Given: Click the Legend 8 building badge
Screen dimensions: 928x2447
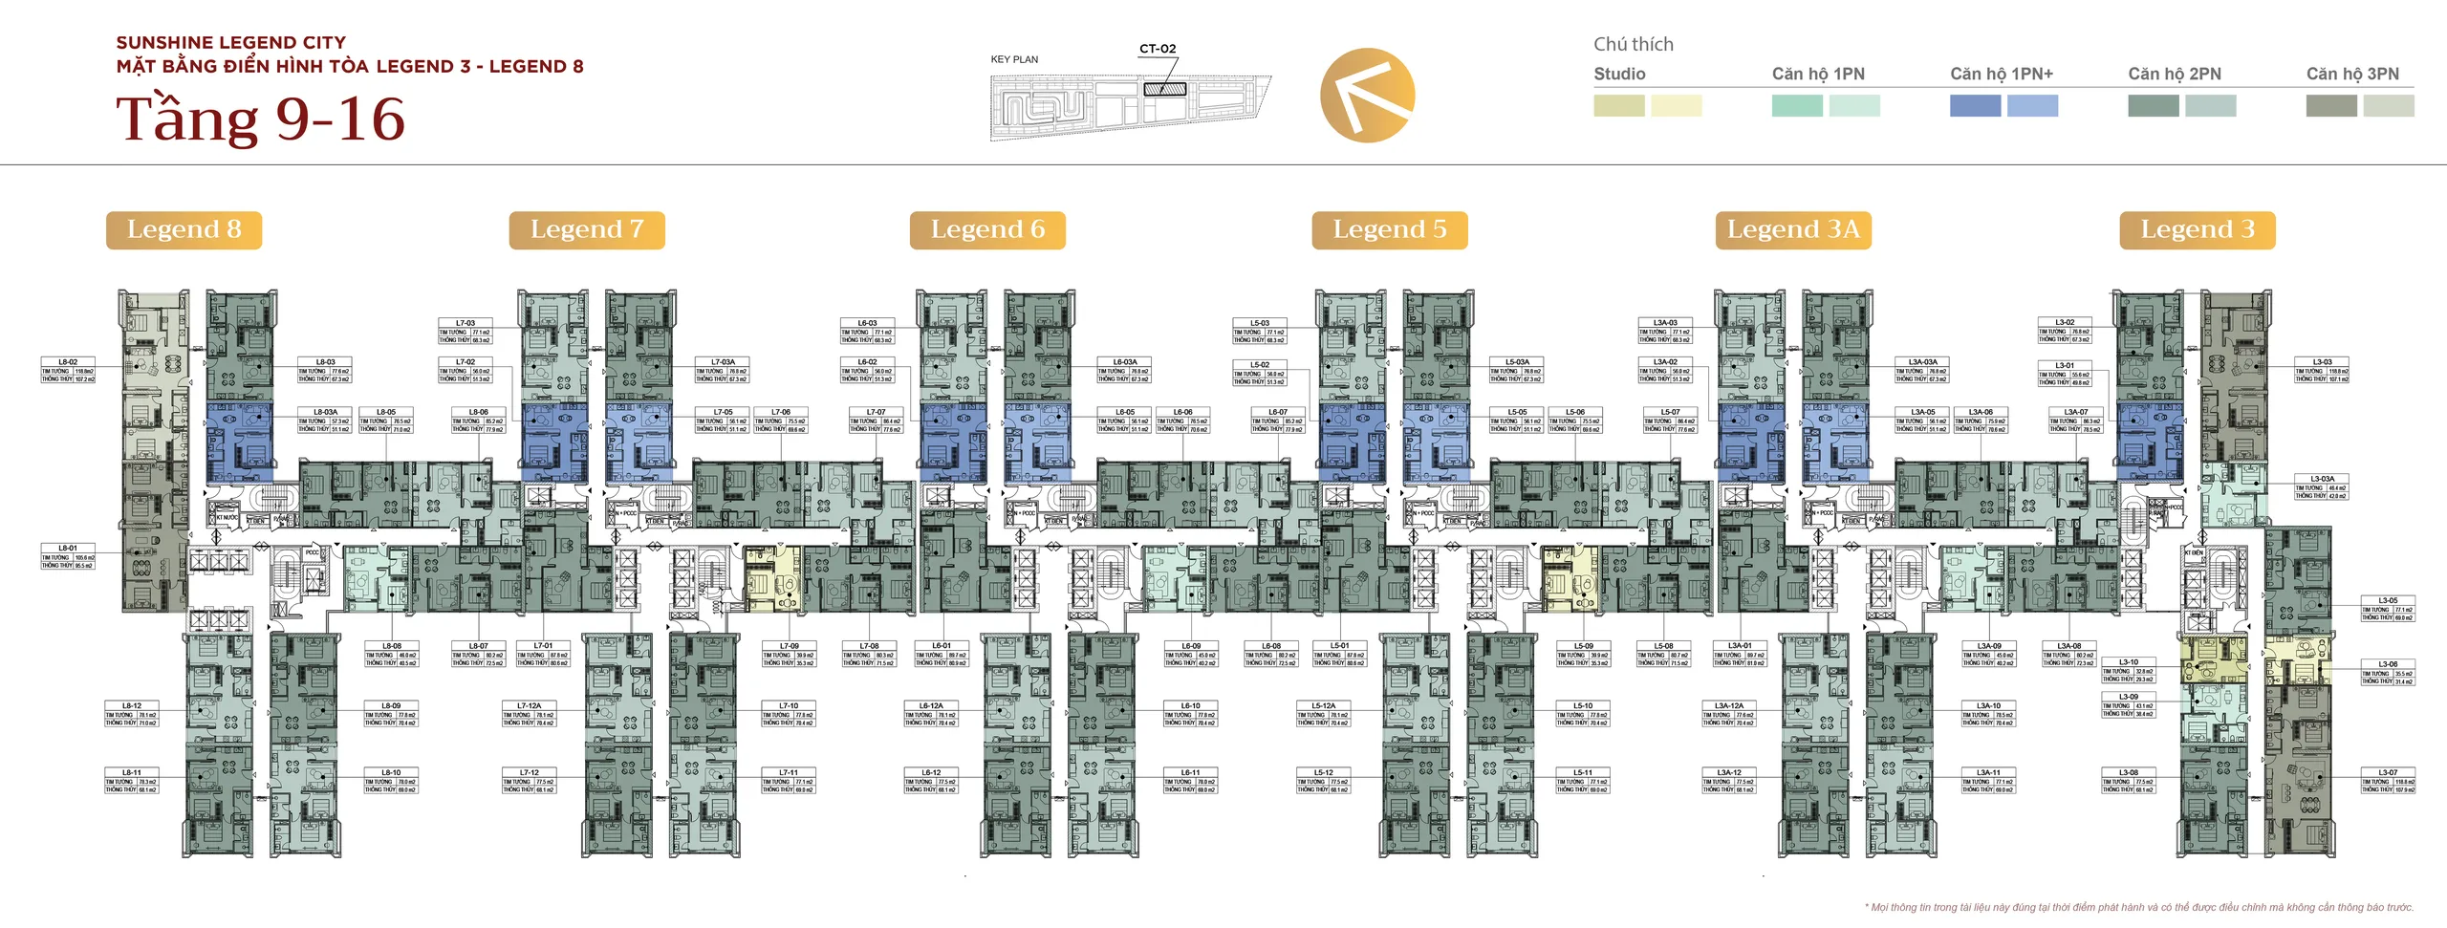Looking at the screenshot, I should [x=184, y=230].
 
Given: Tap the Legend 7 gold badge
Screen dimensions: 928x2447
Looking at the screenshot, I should [x=587, y=230].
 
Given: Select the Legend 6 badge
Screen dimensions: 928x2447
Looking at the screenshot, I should [x=987, y=230].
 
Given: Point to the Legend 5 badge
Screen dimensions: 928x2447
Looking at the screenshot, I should [x=1390, y=230].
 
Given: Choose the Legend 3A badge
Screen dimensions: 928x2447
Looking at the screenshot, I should [x=1793, y=230].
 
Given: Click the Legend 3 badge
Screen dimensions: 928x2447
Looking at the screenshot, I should [x=2198, y=230].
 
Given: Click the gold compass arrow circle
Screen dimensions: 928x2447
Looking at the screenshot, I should [x=1367, y=96].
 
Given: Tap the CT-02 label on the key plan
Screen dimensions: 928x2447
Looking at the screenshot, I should [x=1158, y=49].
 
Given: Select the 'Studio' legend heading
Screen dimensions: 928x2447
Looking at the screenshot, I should [x=1619, y=74].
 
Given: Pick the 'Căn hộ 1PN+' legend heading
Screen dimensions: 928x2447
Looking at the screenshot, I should [x=2002, y=74].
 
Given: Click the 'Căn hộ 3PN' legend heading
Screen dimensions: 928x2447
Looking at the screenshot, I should [x=2352, y=74].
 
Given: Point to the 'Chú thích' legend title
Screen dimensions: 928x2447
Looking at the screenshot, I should [x=1634, y=44].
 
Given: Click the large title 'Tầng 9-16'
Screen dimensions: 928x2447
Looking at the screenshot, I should [x=261, y=119].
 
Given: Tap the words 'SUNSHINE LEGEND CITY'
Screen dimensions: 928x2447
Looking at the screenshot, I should [x=231, y=42].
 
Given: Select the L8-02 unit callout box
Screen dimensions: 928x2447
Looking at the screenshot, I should [x=68, y=371].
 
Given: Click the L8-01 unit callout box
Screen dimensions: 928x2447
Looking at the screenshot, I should [x=68, y=557].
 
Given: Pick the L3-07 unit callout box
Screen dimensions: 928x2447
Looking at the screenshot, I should [x=2388, y=781].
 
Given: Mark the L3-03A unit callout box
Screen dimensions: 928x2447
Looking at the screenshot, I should [x=2322, y=486].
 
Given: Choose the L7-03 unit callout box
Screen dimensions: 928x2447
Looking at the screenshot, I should [x=466, y=331].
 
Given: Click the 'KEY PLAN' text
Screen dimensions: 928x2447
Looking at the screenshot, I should [x=1014, y=59].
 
